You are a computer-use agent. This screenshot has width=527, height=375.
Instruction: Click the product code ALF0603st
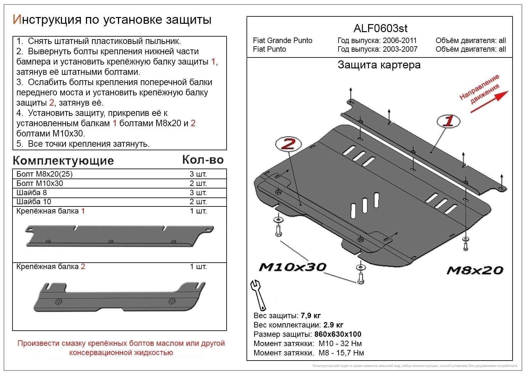380,29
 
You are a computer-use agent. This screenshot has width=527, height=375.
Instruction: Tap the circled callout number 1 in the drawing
448,121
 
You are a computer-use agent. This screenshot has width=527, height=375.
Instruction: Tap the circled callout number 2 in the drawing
288,144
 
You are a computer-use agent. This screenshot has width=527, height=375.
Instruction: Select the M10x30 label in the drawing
292,267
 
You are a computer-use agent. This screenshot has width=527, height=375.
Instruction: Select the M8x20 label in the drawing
475,270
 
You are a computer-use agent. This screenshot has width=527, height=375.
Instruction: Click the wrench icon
258,294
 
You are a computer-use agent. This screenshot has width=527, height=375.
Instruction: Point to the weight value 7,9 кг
311,316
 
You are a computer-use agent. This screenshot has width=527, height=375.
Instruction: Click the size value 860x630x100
338,334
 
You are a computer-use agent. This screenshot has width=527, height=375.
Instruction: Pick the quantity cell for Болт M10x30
198,183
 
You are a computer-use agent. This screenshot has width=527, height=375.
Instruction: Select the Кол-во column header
203,160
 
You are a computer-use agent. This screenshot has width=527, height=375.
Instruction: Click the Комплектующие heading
63,161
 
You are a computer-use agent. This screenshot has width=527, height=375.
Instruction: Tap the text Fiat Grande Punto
282,40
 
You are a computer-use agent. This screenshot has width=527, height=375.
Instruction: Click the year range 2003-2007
400,49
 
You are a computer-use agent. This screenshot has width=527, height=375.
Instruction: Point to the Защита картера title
379,65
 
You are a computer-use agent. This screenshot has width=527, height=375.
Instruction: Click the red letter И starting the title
17,20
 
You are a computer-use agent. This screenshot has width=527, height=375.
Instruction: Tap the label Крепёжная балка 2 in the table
50,266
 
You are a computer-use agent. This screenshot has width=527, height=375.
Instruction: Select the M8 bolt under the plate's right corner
465,246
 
